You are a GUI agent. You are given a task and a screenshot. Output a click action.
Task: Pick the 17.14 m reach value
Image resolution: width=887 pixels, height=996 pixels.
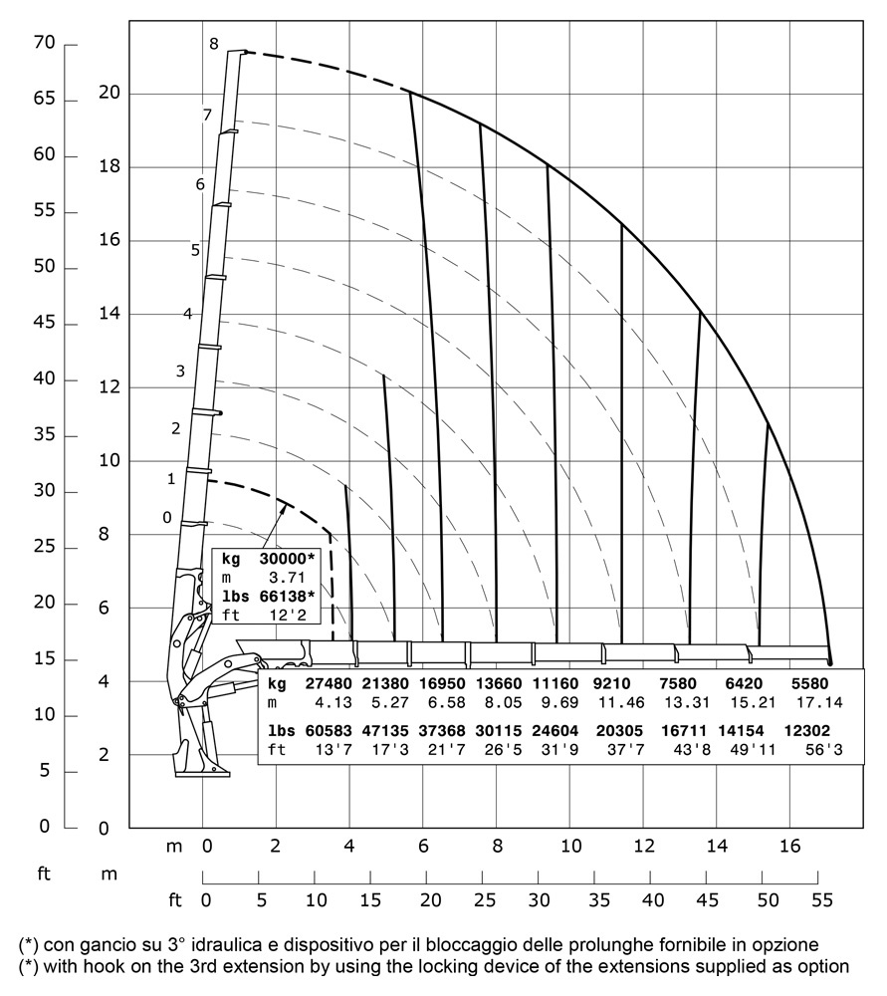[x=815, y=703]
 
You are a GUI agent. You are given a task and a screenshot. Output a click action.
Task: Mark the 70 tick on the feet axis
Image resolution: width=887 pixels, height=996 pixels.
[x=42, y=45]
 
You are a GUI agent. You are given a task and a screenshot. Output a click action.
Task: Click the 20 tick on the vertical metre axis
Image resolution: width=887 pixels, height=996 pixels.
[x=109, y=94]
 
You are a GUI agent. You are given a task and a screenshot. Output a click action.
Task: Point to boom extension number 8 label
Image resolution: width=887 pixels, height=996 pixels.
[x=213, y=44]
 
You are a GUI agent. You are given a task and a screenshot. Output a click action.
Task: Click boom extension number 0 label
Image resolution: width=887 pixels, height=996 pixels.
[x=167, y=516]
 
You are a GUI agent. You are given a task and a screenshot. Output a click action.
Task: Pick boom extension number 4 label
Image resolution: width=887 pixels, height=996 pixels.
[x=187, y=315]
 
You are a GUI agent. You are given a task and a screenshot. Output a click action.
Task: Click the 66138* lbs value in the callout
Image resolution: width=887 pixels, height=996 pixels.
[x=282, y=596]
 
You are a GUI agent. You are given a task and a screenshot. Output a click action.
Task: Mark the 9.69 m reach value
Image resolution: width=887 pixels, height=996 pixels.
[x=556, y=703]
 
